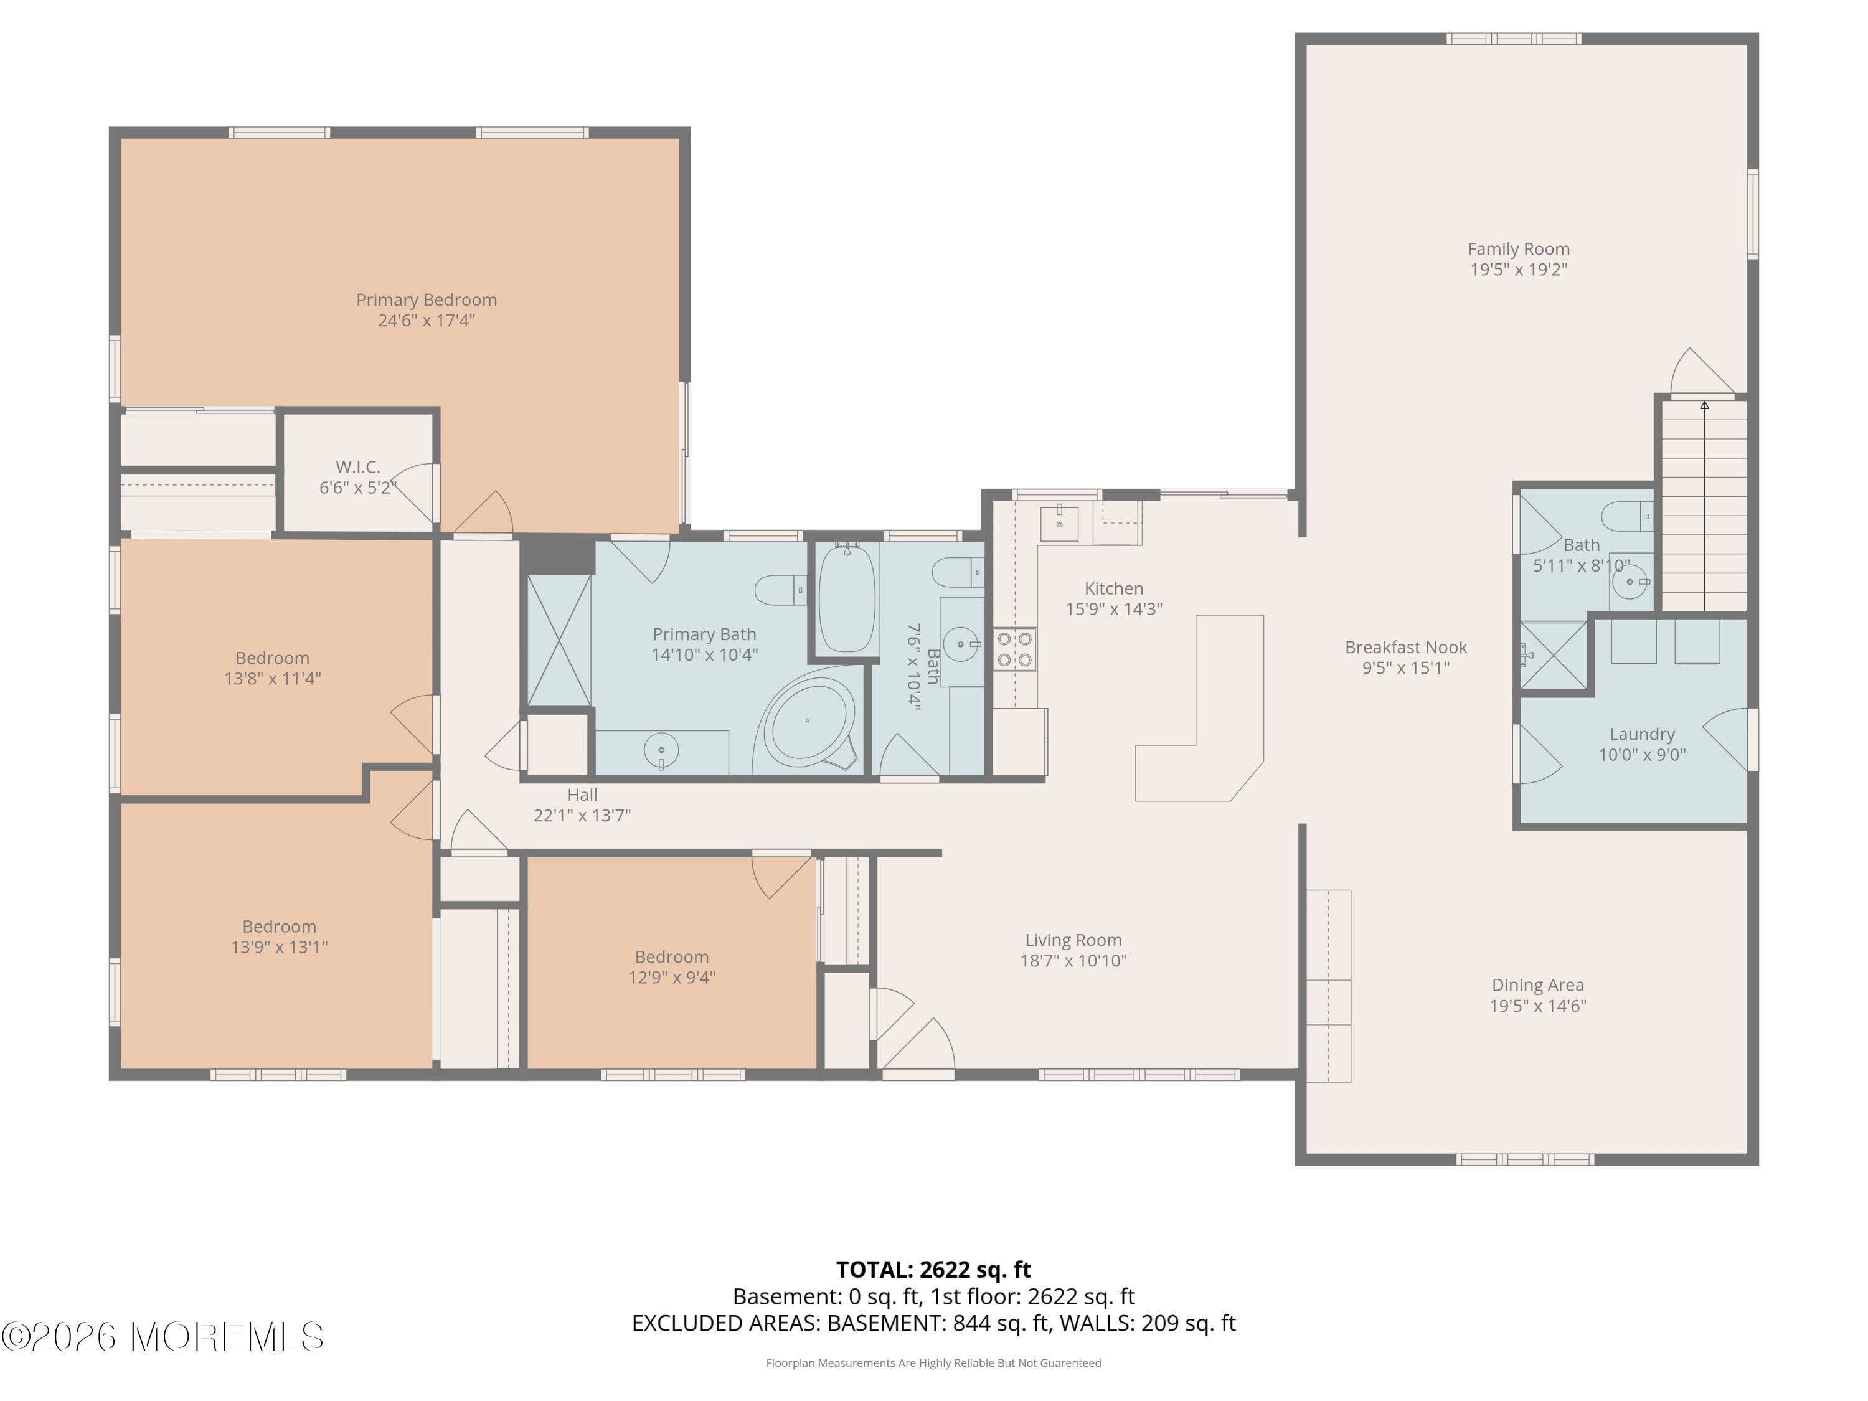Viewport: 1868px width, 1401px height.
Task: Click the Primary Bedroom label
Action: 426,300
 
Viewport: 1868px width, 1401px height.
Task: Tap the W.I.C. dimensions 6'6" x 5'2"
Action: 357,488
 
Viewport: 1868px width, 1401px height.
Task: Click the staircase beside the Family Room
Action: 1704,507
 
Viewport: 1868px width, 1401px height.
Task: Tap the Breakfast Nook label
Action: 1405,648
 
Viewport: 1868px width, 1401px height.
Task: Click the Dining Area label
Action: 1537,984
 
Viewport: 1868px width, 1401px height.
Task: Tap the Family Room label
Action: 1517,249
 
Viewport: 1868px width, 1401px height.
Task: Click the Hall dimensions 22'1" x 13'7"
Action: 582,815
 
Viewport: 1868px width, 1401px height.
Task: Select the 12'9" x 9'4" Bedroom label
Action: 671,967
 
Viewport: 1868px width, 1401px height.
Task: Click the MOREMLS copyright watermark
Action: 162,1337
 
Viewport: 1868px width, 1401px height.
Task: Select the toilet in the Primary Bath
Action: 778,590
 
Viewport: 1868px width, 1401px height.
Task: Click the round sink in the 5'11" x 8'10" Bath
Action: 1628,582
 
